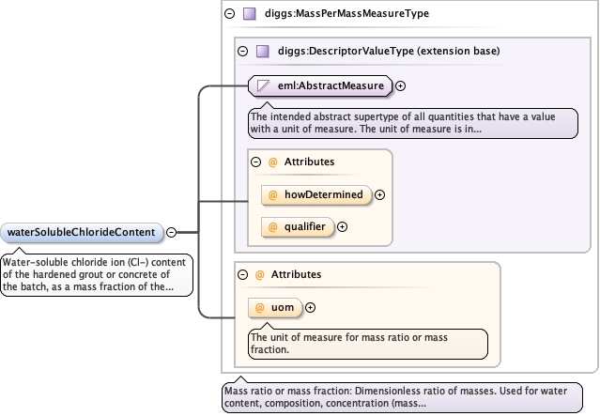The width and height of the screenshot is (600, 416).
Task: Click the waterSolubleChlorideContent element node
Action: pyautogui.click(x=82, y=232)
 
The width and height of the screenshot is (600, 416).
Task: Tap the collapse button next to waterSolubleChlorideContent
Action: pyautogui.click(x=172, y=232)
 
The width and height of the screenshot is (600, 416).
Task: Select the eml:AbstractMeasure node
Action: pyautogui.click(x=320, y=85)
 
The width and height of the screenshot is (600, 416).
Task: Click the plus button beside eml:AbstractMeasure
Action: pyautogui.click(x=400, y=86)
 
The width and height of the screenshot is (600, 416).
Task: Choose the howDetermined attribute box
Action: pyautogui.click(x=316, y=194)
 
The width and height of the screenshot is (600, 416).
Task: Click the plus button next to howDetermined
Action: pyautogui.click(x=379, y=194)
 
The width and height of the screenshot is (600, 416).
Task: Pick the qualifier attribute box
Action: pyautogui.click(x=298, y=227)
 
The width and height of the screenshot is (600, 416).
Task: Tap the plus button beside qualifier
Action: pyautogui.click(x=342, y=227)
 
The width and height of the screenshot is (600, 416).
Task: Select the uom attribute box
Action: pyautogui.click(x=275, y=308)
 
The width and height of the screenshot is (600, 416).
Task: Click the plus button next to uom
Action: pyautogui.click(x=311, y=308)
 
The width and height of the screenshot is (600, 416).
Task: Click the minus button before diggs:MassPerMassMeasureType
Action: pyautogui.click(x=230, y=14)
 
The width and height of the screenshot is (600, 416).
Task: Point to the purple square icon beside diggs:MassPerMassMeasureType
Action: pyautogui.click(x=250, y=14)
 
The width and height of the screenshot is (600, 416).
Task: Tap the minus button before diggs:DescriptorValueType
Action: pyautogui.click(x=242, y=51)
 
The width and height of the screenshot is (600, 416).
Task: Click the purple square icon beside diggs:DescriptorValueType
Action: pyautogui.click(x=263, y=51)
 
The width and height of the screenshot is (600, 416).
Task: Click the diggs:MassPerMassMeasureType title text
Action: pyautogui.click(x=346, y=14)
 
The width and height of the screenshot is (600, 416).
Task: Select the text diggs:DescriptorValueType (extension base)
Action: pyautogui.click(x=389, y=51)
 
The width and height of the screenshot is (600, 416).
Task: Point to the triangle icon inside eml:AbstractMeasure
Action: pyautogui.click(x=263, y=85)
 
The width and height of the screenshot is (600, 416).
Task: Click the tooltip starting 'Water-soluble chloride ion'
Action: pyautogui.click(x=97, y=274)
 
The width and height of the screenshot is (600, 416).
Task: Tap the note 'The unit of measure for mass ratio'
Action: pyautogui.click(x=368, y=344)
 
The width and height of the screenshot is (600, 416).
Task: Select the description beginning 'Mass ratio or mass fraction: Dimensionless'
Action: pyautogui.click(x=402, y=397)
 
